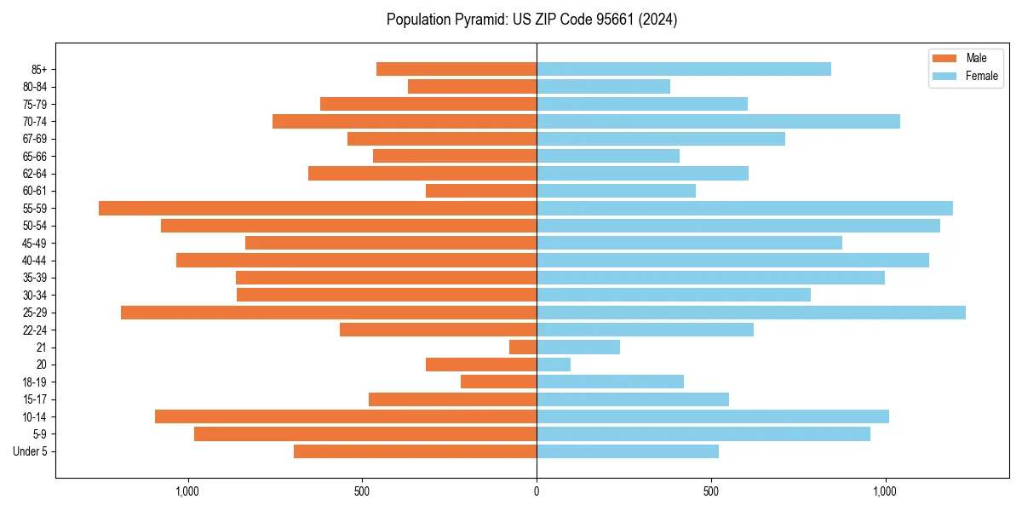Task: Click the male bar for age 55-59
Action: tap(318, 208)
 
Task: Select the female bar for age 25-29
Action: tap(751, 313)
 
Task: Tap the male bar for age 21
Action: tap(523, 347)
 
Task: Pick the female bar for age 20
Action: tap(554, 365)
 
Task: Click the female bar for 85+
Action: tap(684, 69)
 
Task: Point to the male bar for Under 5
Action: tap(416, 451)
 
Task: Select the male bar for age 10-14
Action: tap(346, 416)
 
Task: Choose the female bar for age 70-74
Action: tap(718, 121)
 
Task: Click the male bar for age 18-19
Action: tap(499, 382)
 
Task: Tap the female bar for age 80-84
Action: tap(603, 86)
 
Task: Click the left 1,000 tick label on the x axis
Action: tap(187, 491)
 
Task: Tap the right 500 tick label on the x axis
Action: tap(711, 491)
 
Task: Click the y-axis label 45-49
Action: tap(35, 243)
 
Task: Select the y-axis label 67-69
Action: tap(35, 139)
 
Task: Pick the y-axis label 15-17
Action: tap(35, 399)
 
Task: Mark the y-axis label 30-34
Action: tap(35, 296)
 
